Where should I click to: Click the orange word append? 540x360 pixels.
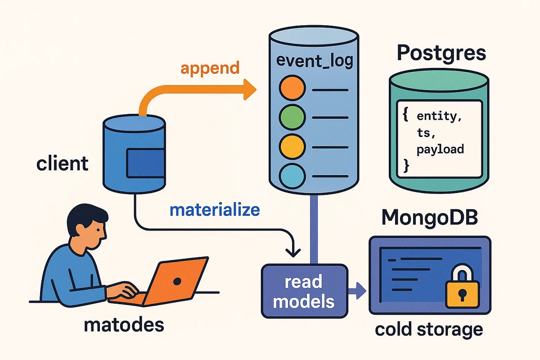tap(210, 68)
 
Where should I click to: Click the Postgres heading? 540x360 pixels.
tap(441, 54)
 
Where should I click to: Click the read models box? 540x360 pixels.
tap(304, 292)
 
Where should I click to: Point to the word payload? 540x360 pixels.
tap(440, 149)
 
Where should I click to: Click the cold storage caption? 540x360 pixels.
tap(428, 329)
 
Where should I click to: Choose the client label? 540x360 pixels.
tap(63, 163)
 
